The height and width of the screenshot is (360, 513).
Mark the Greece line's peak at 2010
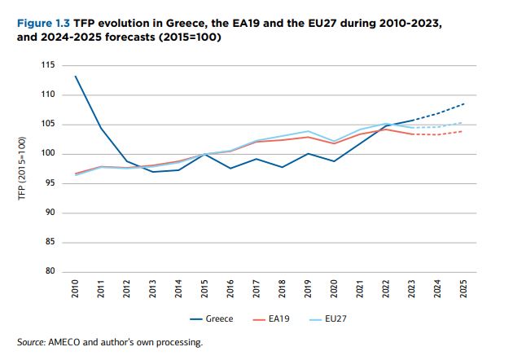click(x=75, y=77)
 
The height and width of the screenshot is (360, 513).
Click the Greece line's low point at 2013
click(x=153, y=172)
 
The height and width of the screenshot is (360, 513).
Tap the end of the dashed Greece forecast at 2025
click(x=464, y=103)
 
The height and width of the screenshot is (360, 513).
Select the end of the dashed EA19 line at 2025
click(x=464, y=131)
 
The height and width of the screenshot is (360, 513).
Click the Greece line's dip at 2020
click(x=335, y=161)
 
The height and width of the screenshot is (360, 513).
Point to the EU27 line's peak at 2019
click(x=309, y=131)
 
